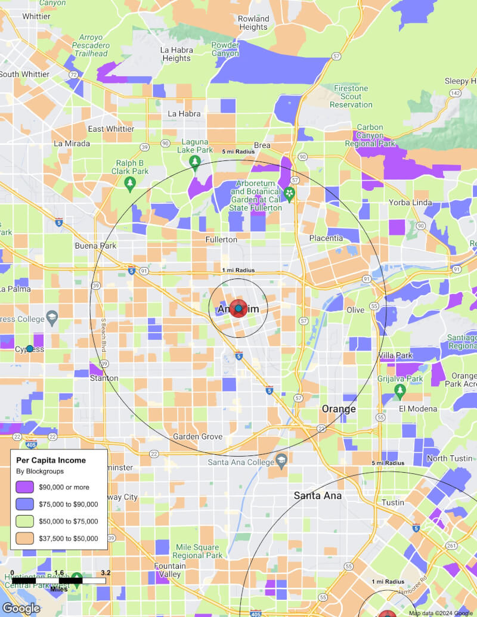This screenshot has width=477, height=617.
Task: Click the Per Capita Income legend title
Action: point(51,460)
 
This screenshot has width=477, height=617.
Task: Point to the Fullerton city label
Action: point(221,239)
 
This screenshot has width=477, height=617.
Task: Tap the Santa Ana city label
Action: point(318,495)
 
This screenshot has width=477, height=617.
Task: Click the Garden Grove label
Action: point(197,436)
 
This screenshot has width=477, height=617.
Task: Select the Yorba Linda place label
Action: point(410,202)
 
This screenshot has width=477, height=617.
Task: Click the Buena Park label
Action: point(95,245)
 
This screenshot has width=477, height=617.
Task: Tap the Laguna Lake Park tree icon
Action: point(194,162)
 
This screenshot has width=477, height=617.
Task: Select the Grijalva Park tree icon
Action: point(400,392)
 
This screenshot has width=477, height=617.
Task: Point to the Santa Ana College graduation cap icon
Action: point(282,460)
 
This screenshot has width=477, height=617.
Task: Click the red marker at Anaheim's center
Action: point(238,309)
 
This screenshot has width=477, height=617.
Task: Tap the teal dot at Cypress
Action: point(30,348)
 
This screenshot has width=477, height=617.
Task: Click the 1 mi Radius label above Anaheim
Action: point(238,270)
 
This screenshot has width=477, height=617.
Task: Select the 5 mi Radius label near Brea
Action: point(238,151)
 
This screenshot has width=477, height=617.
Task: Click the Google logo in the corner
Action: point(21,608)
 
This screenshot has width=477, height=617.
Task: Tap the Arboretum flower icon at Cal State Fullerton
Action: point(289,193)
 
